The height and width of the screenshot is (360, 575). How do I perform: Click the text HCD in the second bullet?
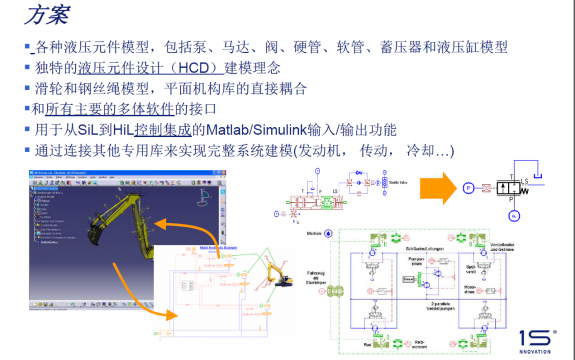point(207,68)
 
